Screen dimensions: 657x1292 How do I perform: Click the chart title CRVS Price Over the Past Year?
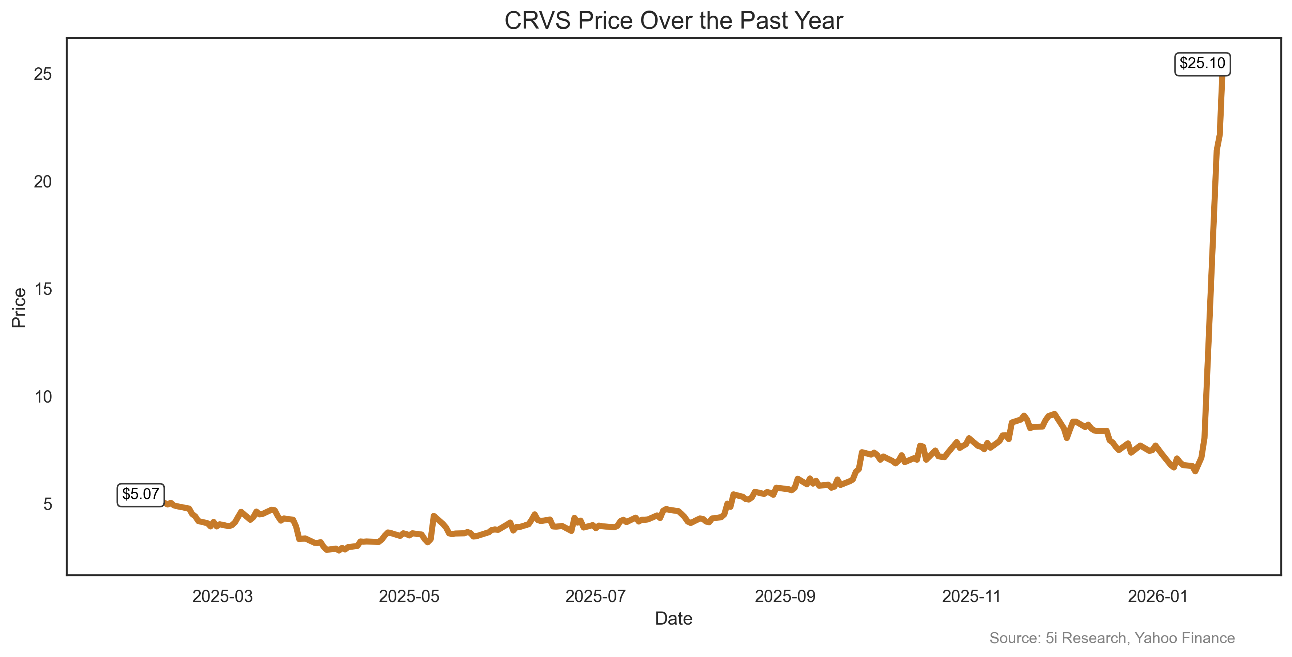click(673, 21)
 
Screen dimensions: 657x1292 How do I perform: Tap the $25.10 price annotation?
click(1202, 64)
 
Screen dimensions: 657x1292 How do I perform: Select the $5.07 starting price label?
click(140, 494)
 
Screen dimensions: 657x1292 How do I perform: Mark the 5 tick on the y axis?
click(48, 504)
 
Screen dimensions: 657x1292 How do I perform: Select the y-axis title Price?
click(19, 308)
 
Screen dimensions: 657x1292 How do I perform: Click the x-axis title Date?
click(673, 619)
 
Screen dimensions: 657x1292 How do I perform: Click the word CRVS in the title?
click(537, 21)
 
